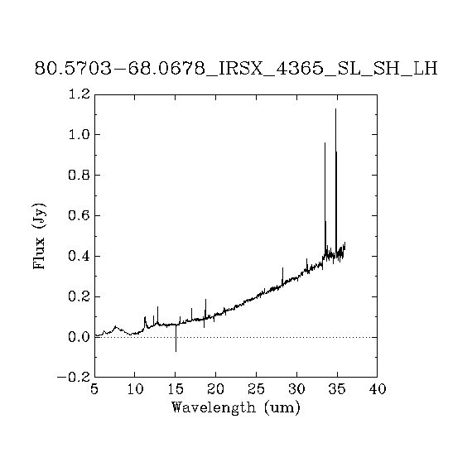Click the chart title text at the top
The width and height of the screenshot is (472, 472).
(x=236, y=69)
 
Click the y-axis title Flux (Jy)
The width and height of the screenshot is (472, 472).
(x=40, y=236)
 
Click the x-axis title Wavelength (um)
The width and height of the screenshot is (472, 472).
(x=236, y=408)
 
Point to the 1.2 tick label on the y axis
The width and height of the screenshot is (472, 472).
(x=79, y=94)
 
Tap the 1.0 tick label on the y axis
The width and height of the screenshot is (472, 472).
(x=79, y=134)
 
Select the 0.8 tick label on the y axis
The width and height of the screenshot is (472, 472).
(x=79, y=175)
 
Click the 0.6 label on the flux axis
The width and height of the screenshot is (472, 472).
(x=79, y=215)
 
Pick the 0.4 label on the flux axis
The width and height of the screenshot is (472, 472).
(x=79, y=256)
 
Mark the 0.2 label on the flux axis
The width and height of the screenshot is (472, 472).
(x=79, y=296)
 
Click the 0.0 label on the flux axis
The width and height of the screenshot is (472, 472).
(x=79, y=337)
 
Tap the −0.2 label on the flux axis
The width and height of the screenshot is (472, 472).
(x=74, y=377)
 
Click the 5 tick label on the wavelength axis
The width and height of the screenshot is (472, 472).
(x=94, y=389)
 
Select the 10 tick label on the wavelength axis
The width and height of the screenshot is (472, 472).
(x=135, y=389)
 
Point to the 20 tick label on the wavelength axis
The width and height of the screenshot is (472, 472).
(x=216, y=389)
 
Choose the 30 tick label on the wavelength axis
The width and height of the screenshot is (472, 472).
(x=296, y=389)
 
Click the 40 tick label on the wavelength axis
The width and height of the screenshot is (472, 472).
(x=378, y=389)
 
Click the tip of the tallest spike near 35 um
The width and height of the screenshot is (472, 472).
(x=335, y=109)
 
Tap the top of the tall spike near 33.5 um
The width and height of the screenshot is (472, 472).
(x=325, y=142)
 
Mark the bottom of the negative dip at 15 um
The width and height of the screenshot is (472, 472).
(x=176, y=351)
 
